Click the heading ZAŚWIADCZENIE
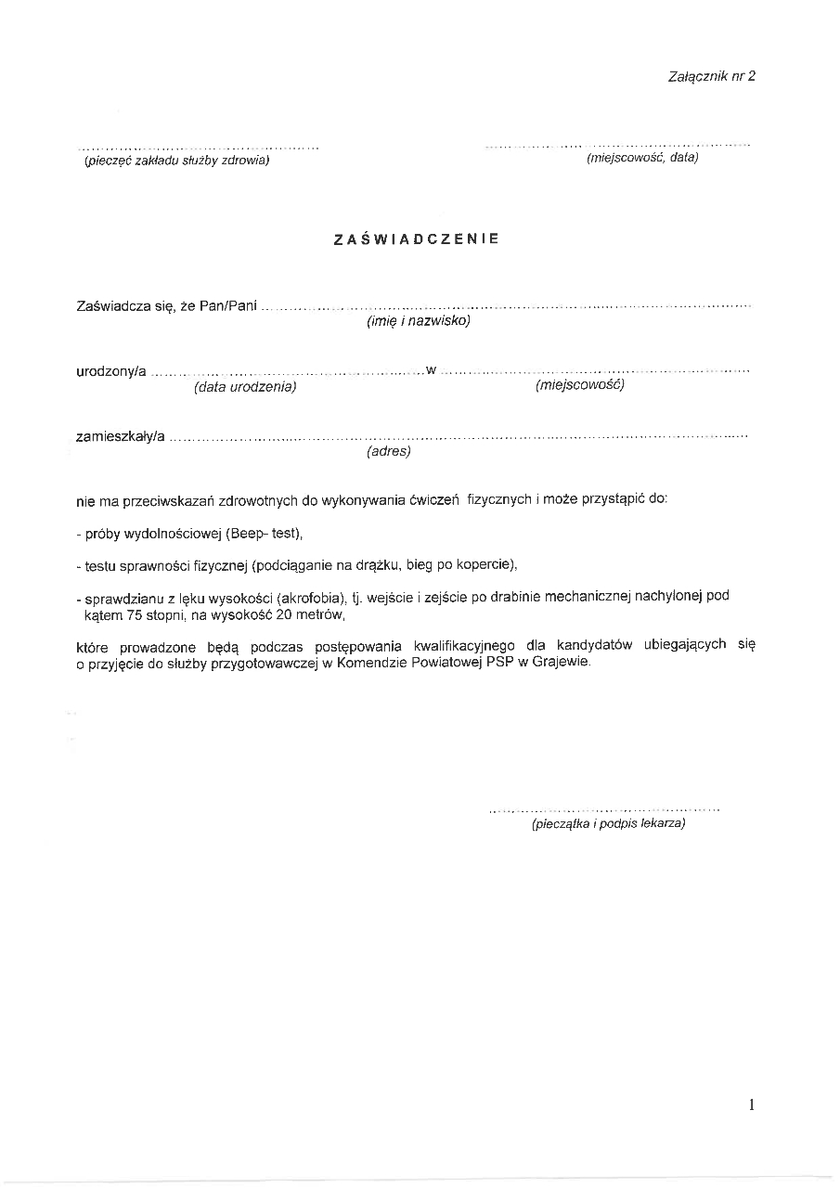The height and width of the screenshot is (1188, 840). (x=416, y=239)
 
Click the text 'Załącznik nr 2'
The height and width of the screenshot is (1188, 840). (x=711, y=76)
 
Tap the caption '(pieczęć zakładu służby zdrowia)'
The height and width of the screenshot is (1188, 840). (x=176, y=161)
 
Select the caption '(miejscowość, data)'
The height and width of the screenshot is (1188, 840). (x=642, y=158)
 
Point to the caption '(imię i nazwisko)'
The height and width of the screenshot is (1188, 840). (x=419, y=321)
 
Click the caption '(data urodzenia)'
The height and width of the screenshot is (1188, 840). (x=245, y=386)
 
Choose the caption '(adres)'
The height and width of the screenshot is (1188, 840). (x=389, y=451)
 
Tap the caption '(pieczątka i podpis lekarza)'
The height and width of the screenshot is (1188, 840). (x=608, y=823)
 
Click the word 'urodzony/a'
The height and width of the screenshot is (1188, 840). (x=111, y=372)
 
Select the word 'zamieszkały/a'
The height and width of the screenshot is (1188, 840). (x=121, y=436)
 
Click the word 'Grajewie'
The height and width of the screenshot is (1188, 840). (x=561, y=663)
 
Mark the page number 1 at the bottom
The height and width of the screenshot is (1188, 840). (x=751, y=1104)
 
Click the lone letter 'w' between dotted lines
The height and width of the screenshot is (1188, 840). (x=431, y=371)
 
